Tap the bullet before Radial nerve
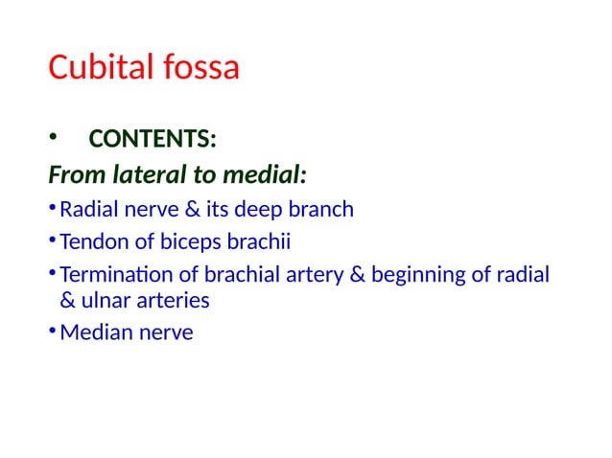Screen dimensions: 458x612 tap(52, 209)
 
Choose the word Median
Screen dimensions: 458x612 tap(90, 333)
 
